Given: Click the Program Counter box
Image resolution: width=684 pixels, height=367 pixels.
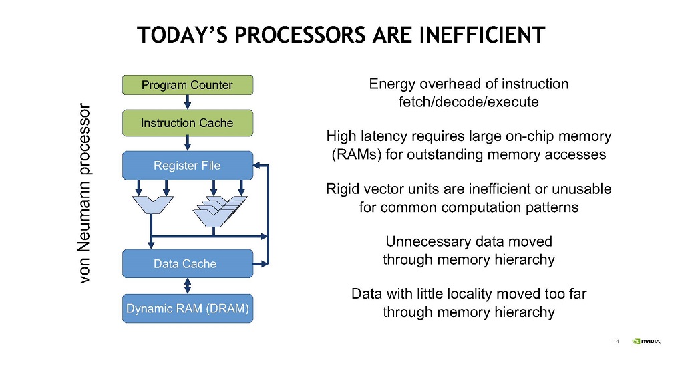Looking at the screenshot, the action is point(188,85).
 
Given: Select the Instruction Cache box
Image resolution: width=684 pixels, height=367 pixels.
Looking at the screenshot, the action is point(188,123).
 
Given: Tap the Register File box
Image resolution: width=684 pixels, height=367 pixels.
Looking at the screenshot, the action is point(188,165).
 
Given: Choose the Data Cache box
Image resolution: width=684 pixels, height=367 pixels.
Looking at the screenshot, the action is point(188,263).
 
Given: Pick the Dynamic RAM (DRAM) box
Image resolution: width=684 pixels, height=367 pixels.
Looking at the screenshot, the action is point(188,309).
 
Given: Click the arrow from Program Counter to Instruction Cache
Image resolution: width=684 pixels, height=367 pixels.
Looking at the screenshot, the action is point(188,102).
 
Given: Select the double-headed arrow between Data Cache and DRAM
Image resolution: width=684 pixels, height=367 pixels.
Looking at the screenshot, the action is point(188,286).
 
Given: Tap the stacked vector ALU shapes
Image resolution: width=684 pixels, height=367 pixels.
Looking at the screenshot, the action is point(220,211).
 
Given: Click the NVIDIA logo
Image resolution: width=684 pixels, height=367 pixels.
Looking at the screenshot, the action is point(646,341).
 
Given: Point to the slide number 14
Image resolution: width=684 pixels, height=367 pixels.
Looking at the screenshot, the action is point(616,341).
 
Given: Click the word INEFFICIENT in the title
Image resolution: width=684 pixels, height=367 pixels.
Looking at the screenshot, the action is point(482,35).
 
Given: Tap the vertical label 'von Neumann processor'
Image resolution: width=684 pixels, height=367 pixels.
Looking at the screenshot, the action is point(84,193).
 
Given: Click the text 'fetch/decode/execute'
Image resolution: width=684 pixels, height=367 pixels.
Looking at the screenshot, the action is point(468,102).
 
